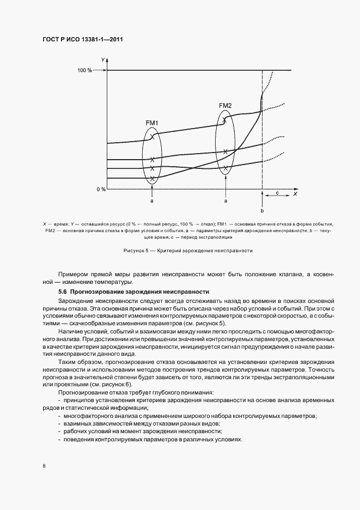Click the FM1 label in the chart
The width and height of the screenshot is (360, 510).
coord(152,123)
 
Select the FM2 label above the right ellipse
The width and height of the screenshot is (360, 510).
coord(225,105)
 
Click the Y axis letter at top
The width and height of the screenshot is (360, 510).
coord(102,58)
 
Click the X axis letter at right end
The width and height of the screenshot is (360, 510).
coord(295,193)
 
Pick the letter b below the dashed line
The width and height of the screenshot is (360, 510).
coord(262,210)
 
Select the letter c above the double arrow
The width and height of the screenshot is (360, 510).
coord(277,193)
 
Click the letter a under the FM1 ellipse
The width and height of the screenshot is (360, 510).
coord(152,201)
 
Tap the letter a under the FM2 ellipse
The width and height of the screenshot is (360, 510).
coord(225,201)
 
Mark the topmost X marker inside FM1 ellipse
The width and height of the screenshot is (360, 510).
coord(152,137)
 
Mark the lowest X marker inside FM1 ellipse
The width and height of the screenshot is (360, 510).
coord(152,178)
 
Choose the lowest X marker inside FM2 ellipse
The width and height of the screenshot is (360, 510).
coord(225,168)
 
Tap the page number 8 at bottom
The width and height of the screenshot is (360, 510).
coord(44,466)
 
